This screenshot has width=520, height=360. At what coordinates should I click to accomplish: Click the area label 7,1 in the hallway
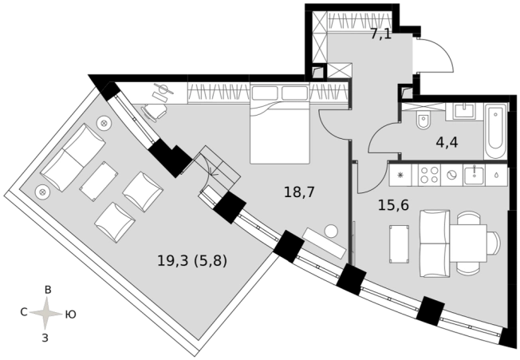point(380,34)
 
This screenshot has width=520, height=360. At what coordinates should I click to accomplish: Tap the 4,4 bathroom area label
point(447,143)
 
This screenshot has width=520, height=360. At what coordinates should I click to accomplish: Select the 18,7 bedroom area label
point(299,192)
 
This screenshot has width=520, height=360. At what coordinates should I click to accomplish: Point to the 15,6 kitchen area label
point(393,205)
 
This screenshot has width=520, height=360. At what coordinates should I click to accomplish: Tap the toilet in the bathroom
point(423,121)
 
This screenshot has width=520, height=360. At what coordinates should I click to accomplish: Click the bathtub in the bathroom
point(495,131)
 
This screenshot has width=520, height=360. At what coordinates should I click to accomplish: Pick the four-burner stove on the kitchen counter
point(429,175)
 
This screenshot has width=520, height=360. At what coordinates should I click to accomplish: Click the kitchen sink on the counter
point(475,175)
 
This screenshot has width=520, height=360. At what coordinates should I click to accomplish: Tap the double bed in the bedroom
point(280,124)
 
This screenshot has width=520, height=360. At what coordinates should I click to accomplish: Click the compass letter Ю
point(70,314)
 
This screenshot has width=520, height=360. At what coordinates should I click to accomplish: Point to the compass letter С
point(24,312)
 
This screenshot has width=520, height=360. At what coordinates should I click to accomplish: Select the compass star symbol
point(47,313)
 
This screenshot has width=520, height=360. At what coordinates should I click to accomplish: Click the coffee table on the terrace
point(98,181)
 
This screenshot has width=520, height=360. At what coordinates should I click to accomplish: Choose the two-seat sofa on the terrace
point(73,157)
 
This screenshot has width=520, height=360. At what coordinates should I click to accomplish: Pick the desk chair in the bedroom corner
point(155,113)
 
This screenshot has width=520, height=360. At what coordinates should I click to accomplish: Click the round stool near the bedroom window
point(331,231)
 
